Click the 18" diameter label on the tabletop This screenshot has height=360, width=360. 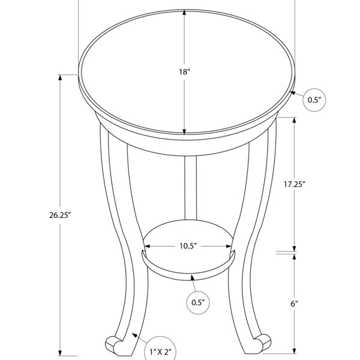[x=185, y=72]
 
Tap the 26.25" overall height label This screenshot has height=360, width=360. [x=61, y=215]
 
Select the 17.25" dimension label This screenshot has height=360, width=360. [x=295, y=184]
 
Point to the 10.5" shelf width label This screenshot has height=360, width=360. [x=188, y=246]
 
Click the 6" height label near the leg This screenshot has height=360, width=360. [x=294, y=304]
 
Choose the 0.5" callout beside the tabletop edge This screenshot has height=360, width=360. [x=314, y=100]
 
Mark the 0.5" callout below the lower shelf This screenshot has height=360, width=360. [x=198, y=302]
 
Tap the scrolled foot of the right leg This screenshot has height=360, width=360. [x=262, y=343]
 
